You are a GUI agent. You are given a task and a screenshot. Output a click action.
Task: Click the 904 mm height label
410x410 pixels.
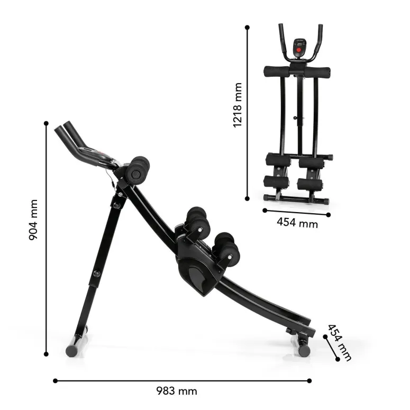tap(33, 220)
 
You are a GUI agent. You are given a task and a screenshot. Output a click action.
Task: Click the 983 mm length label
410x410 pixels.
tap(177, 391)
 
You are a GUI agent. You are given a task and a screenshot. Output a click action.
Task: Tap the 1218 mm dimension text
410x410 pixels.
tap(238, 105)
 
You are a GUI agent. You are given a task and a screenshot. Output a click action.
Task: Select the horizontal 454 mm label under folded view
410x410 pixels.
tap(297, 223)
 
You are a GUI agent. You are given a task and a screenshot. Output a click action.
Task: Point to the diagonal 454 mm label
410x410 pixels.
tap(340, 342)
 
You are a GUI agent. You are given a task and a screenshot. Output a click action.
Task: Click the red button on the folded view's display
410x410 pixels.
tap(299, 50)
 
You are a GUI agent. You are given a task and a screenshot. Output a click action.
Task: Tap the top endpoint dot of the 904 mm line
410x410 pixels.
tap(46, 123)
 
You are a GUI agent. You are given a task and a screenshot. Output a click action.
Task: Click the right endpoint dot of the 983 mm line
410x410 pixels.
tap(309, 381)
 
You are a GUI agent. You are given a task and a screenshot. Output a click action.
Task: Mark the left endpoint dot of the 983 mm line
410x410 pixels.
tap(55, 381)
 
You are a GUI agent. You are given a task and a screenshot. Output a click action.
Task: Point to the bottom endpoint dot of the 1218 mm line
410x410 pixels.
tap(247, 199)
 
